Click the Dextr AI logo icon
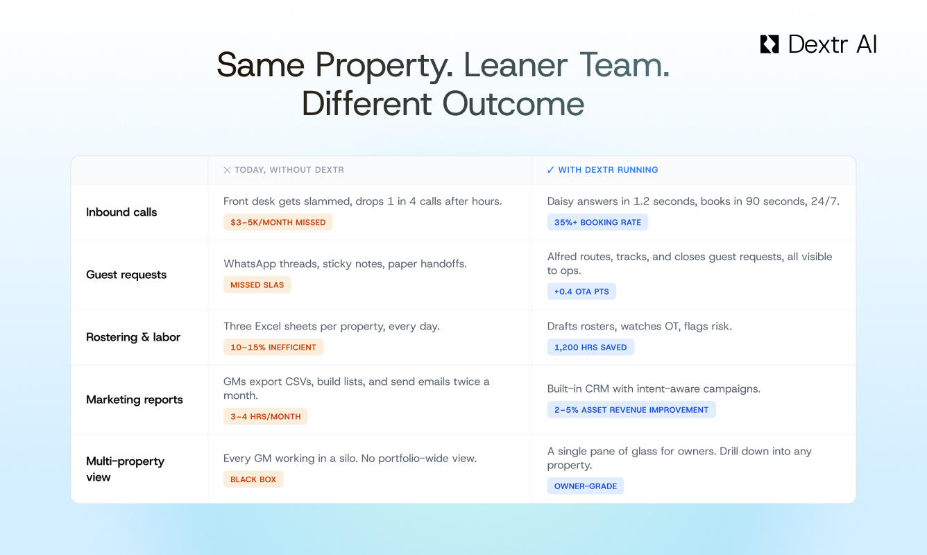(769, 44)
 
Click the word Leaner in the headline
(516, 65)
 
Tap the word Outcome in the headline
(513, 103)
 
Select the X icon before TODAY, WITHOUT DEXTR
(227, 170)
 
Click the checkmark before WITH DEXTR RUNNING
(550, 170)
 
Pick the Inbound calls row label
(121, 212)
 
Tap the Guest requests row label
(126, 275)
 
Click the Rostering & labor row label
(133, 337)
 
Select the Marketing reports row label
(135, 400)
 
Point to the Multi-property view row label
(125, 469)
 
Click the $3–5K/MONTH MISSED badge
(278, 222)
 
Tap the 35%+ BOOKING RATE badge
(597, 222)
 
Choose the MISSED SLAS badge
(257, 284)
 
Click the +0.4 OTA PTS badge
(581, 291)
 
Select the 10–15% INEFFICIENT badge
(273, 348)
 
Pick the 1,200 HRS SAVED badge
(590, 348)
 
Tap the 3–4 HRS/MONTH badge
(266, 416)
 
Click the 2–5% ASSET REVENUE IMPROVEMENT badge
(631, 410)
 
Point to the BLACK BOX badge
(253, 479)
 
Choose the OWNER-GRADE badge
(586, 486)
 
